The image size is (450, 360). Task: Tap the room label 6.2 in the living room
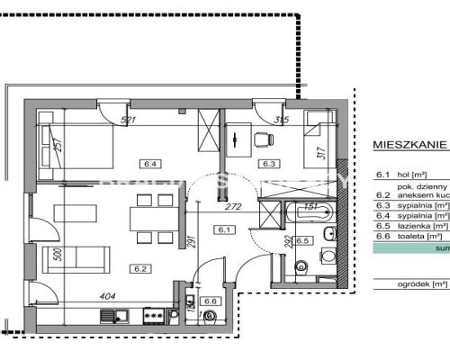click(x=140, y=268)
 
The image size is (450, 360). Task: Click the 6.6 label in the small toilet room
click(x=211, y=326)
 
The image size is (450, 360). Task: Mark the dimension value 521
click(x=127, y=120)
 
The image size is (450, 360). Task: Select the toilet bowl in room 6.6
click(x=210, y=341)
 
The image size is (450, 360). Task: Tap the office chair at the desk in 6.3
click(x=262, y=139)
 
